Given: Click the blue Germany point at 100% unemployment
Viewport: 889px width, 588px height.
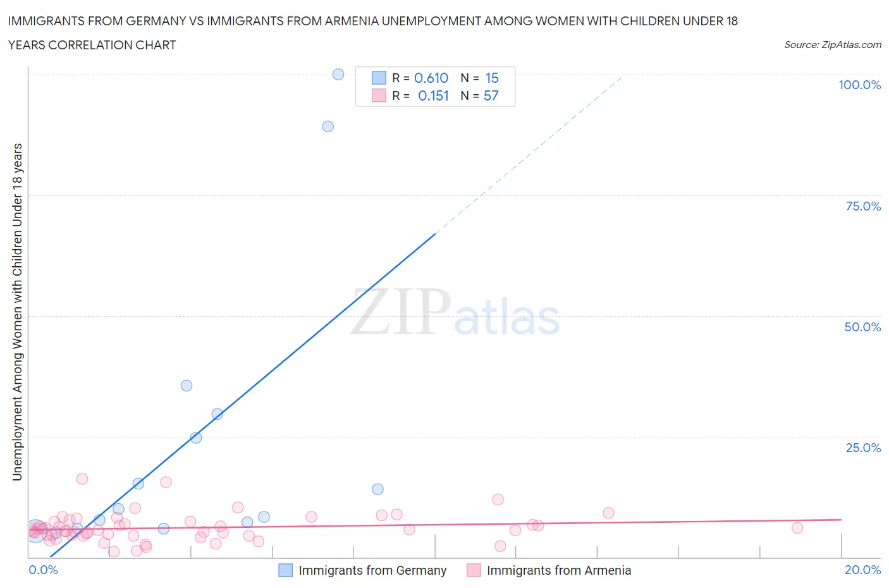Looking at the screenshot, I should point(338,74).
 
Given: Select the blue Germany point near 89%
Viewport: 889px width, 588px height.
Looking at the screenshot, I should point(328,126).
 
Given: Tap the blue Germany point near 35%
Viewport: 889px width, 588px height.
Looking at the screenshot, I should point(187,386).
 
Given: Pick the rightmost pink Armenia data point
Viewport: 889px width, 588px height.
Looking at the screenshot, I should point(797,528).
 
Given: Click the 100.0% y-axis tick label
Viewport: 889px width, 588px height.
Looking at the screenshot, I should point(859,85).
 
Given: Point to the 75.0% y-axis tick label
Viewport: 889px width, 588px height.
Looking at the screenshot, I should point(863,206).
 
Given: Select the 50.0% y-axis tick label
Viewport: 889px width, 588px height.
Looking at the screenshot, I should point(862,327).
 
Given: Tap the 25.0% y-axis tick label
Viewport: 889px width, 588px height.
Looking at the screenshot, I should point(863,448).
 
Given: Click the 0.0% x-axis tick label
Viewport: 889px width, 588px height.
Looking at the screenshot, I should point(44,570).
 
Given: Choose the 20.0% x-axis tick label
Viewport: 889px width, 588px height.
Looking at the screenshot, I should point(862,570).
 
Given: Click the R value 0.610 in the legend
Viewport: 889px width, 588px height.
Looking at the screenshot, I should point(431,78).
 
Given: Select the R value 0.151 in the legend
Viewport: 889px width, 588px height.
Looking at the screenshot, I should point(433,95).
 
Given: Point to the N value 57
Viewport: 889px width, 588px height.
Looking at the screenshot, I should point(491,95).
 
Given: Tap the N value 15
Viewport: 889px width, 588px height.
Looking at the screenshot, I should point(492,78).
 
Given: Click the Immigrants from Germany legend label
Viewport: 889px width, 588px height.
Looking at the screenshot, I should point(372,570).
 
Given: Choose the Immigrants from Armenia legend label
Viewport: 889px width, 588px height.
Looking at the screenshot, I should point(559,570).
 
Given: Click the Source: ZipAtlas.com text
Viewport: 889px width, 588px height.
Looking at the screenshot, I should point(833,45).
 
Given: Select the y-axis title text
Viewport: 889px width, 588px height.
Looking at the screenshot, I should point(17,312).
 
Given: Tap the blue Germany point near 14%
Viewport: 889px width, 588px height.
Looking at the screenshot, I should point(377,489).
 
